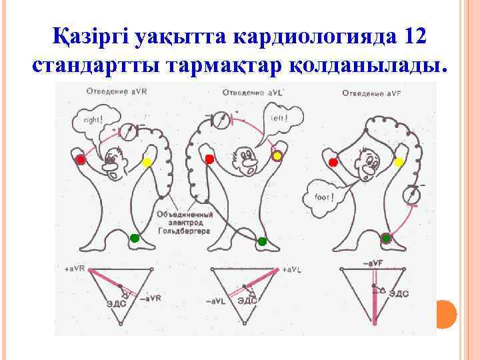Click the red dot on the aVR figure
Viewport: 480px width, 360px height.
pos(81,160)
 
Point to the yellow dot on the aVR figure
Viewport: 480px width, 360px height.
pos(147,162)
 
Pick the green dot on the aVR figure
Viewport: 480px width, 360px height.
pos(134,238)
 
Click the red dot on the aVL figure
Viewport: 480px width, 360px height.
pos(209,159)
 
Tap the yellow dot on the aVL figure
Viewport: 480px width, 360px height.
pos(277,155)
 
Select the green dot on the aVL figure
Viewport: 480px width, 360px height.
pos(262,241)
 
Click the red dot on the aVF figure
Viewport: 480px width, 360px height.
pos(333,162)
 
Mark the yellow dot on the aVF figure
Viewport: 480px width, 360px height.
pos(399,162)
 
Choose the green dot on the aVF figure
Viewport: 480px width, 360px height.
pos(386,238)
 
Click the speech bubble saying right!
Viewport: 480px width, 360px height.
pos(93,120)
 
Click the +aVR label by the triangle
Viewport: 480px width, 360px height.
pos(75,268)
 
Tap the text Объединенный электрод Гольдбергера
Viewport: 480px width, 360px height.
pos(185,223)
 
